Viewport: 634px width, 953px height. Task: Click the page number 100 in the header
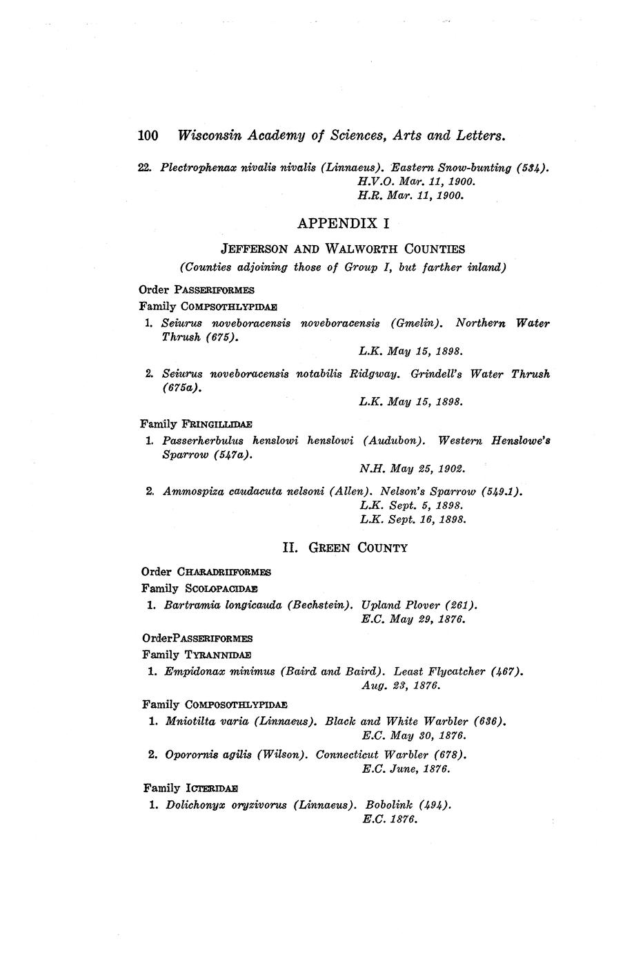click(149, 135)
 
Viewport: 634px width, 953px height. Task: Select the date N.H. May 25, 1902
click(413, 469)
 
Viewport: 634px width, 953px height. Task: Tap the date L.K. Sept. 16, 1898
click(413, 519)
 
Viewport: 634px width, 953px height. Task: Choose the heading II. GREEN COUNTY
click(345, 548)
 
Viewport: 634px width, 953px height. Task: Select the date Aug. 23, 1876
click(401, 685)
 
